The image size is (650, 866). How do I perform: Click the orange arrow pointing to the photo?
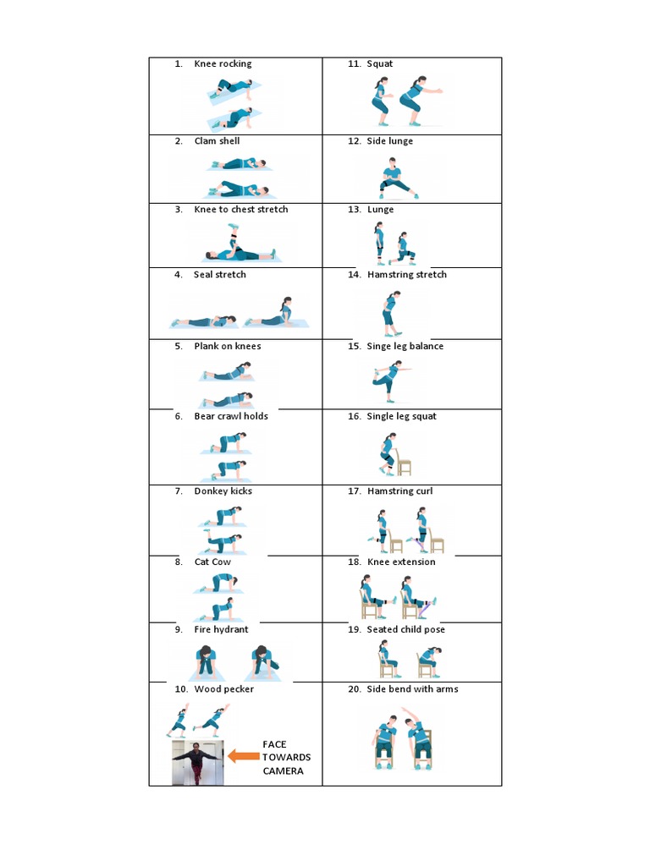pyautogui.click(x=244, y=757)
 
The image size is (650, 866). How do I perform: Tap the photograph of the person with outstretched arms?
pyautogui.click(x=197, y=763)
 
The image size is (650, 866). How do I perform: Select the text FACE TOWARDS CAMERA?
pyautogui.click(x=286, y=757)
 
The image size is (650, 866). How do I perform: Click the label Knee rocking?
pyautogui.click(x=223, y=63)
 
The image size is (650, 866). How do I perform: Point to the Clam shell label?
pyautogui.click(x=217, y=141)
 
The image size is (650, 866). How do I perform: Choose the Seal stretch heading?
pyautogui.click(x=220, y=275)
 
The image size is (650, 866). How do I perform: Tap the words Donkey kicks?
pyautogui.click(x=223, y=491)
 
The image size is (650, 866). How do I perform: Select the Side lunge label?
pyautogui.click(x=390, y=141)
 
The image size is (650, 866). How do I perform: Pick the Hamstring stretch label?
pyautogui.click(x=406, y=275)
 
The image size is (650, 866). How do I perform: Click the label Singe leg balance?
pyautogui.click(x=405, y=346)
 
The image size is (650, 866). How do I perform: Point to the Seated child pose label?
pyautogui.click(x=405, y=630)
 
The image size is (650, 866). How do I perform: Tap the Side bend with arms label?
pyautogui.click(x=412, y=689)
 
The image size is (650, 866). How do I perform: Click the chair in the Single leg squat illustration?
pyautogui.click(x=403, y=461)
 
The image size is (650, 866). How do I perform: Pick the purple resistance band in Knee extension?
pyautogui.click(x=431, y=604)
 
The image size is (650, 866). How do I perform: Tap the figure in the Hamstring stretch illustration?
pyautogui.click(x=390, y=313)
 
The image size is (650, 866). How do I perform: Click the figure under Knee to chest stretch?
pyautogui.click(x=237, y=247)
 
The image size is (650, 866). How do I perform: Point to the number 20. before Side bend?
pyautogui.click(x=355, y=689)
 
